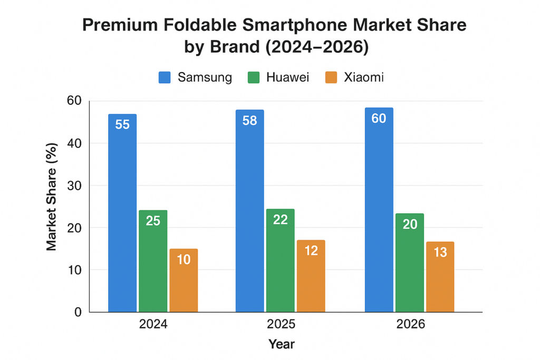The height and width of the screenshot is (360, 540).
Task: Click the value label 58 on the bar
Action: point(249,121)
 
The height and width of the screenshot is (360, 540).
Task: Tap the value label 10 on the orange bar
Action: point(184,260)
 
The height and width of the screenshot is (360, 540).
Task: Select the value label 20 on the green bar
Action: point(409,225)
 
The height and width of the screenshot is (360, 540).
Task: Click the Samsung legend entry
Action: point(196,77)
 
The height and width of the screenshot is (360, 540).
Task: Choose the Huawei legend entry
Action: point(278,77)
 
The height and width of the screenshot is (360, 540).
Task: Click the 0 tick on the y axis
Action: point(78,312)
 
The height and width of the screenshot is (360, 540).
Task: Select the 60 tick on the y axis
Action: point(74,101)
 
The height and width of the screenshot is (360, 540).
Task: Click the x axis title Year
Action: point(281,345)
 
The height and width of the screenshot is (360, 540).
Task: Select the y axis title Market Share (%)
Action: point(51,196)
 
